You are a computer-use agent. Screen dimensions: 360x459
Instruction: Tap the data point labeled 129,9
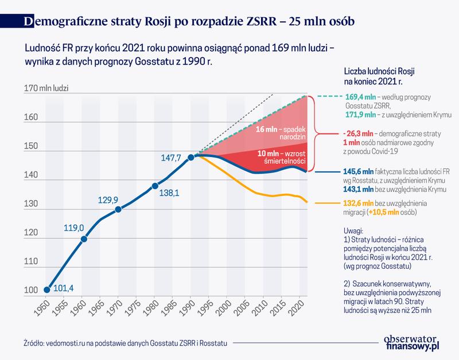point(118,209)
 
